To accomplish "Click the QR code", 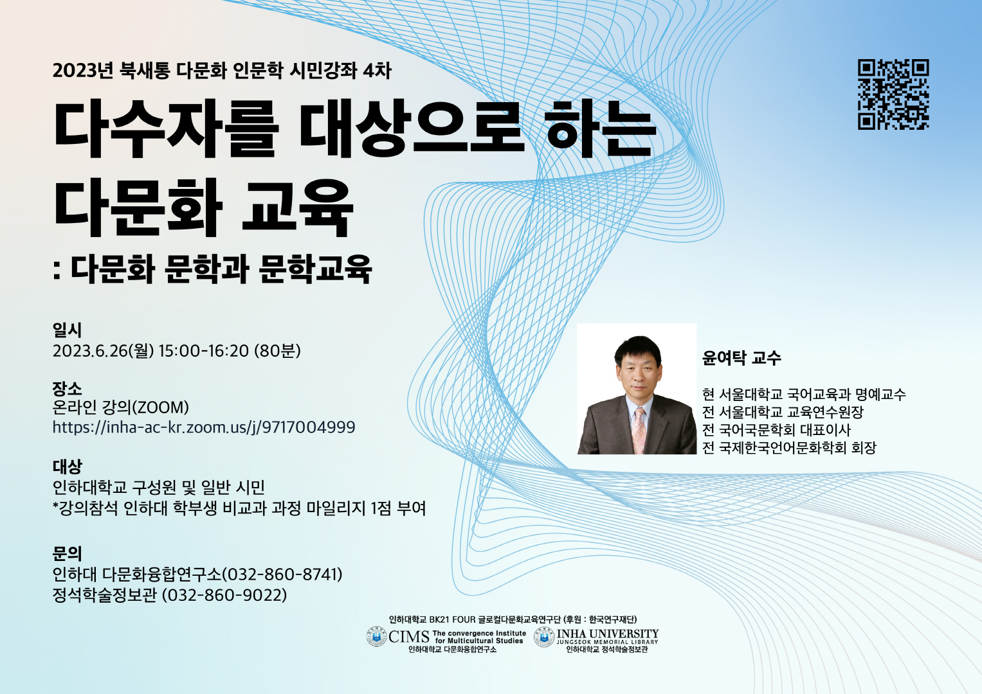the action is (x=893, y=94).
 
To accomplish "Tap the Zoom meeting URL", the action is (x=204, y=427).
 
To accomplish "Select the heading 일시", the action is (x=67, y=330).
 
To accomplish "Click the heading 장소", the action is (x=67, y=388).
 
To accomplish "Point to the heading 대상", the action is (x=67, y=466).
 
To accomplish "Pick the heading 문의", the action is (x=67, y=553).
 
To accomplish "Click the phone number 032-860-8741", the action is (x=282, y=574).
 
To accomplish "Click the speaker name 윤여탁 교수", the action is (x=741, y=358).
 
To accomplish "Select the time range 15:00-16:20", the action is (x=204, y=351).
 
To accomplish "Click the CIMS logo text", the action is (x=409, y=637).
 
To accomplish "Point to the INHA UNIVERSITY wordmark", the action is (x=608, y=634).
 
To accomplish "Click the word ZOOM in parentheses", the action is (x=163, y=407).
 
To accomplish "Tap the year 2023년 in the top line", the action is (x=83, y=71).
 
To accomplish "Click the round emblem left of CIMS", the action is (x=376, y=637).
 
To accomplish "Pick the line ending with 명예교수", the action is (x=804, y=395).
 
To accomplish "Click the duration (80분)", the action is (x=278, y=351).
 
